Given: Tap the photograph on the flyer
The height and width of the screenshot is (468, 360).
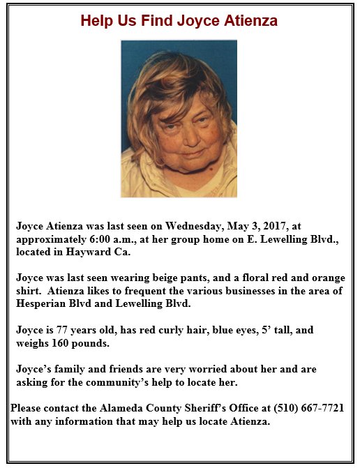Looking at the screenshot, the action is pyautogui.click(x=179, y=119).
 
